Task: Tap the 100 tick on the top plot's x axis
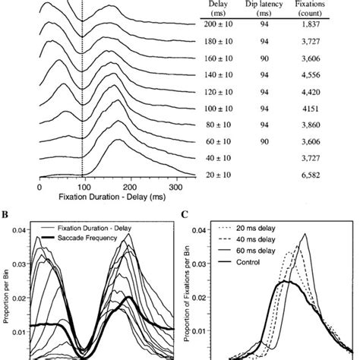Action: (x=85, y=186)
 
